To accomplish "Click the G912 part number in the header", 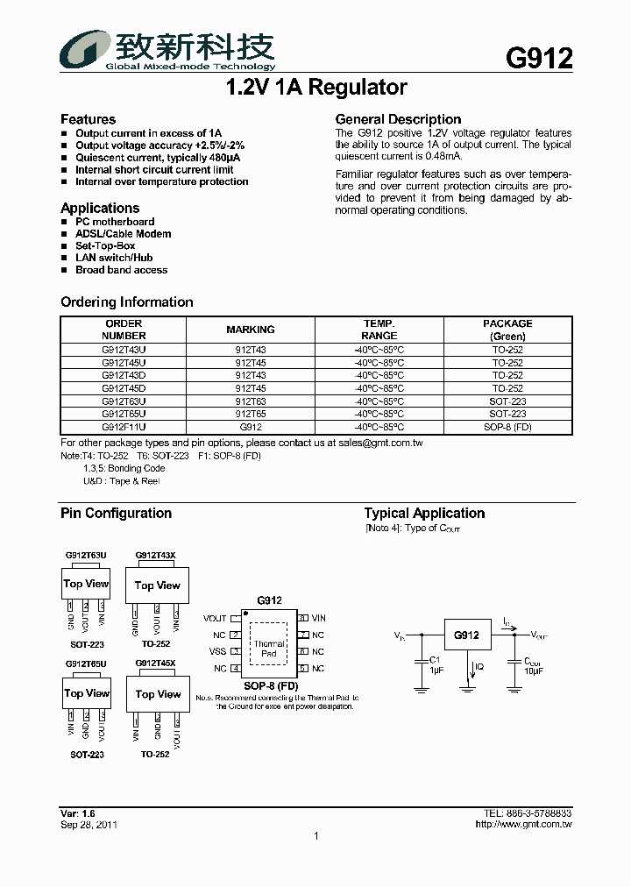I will tap(539, 58).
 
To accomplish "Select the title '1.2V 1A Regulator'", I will tap(315, 88).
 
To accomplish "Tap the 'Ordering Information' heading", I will tap(127, 302).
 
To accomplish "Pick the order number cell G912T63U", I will tap(124, 401).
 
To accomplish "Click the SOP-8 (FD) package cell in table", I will tap(507, 427).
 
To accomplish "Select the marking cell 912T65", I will tap(251, 414).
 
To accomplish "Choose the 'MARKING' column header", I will tap(251, 330).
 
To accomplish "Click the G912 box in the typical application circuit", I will tap(465, 635).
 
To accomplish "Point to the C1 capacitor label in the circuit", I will tap(435, 659).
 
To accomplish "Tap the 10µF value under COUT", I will tap(533, 671).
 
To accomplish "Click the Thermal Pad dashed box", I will tap(269, 649).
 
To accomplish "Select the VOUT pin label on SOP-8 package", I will tap(215, 618).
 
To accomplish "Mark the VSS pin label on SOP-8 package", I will tap(217, 651).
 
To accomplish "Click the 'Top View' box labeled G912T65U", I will tap(86, 693).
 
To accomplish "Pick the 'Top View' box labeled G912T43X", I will tap(157, 585).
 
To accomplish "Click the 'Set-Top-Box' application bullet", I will tap(105, 246).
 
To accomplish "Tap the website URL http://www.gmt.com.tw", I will tap(523, 825).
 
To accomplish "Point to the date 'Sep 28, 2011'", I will tap(89, 825).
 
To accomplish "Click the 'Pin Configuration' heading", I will tap(116, 514).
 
